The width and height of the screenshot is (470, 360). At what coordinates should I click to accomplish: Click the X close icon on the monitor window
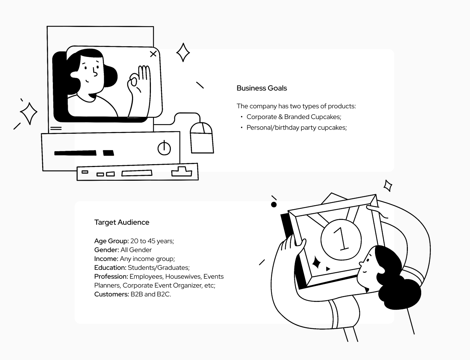coord(153,54)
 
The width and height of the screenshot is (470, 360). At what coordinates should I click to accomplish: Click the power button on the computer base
coord(164,148)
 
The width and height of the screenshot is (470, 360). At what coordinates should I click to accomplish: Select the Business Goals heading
coord(261,88)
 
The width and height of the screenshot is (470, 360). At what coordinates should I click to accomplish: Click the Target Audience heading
coord(122,222)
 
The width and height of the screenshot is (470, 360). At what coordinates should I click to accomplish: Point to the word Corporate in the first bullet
coord(261,117)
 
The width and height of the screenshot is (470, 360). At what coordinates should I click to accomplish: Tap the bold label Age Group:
coord(111,241)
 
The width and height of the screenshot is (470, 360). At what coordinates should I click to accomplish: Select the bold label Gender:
coord(106,250)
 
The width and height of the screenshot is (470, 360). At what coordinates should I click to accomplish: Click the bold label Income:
coord(106,259)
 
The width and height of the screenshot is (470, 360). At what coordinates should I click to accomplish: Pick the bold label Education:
coord(110,268)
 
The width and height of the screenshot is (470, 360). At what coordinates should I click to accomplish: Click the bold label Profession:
coord(111,276)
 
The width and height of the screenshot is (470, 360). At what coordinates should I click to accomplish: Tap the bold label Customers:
coord(111,294)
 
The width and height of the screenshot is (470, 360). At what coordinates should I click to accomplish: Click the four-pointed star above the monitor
coord(183,52)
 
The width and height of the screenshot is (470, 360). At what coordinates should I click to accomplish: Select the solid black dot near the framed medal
coord(274,204)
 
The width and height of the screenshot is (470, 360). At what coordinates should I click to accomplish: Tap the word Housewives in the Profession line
coord(183,276)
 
